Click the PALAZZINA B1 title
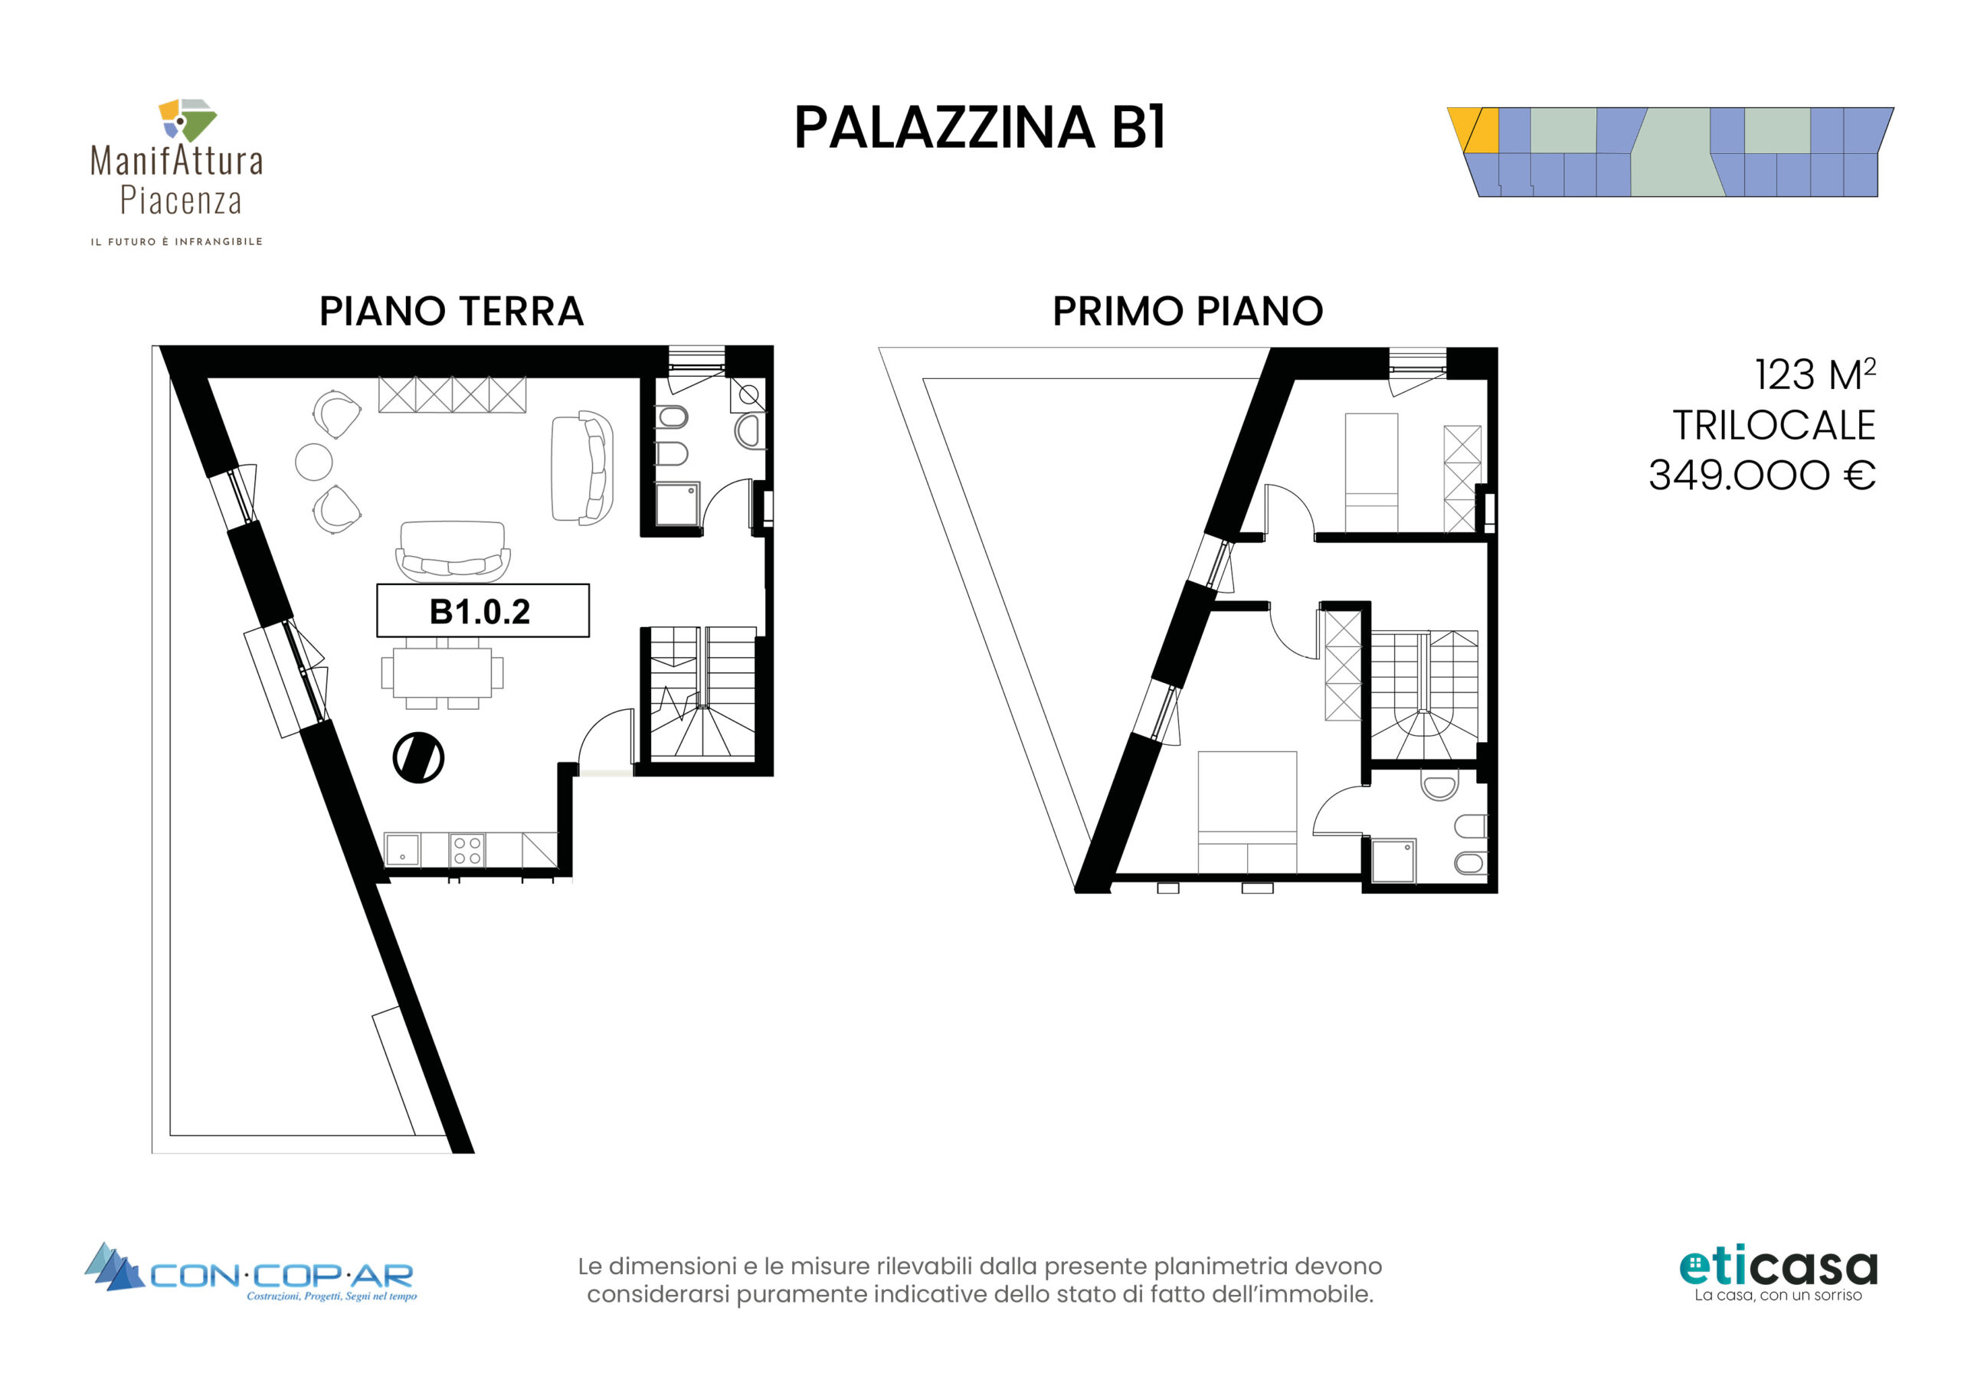pyautogui.click(x=980, y=128)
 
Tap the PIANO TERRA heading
pyautogui.click(x=451, y=311)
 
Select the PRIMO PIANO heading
pyautogui.click(x=1187, y=311)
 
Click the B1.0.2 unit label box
pyautogui.click(x=483, y=610)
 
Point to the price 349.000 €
pyautogui.click(x=1761, y=475)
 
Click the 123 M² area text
pyautogui.click(x=1815, y=374)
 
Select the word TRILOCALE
pyautogui.click(x=1774, y=425)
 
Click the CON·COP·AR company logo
pyautogui.click(x=251, y=1273)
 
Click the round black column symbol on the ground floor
pyautogui.click(x=418, y=757)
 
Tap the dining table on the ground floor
pyautogui.click(x=443, y=673)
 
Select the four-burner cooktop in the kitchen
pyautogui.click(x=467, y=850)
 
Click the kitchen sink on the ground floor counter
pyautogui.click(x=402, y=851)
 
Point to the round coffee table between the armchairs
pyautogui.click(x=313, y=462)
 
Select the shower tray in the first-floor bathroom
pyautogui.click(x=1394, y=861)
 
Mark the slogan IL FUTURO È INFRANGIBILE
pyautogui.click(x=177, y=242)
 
